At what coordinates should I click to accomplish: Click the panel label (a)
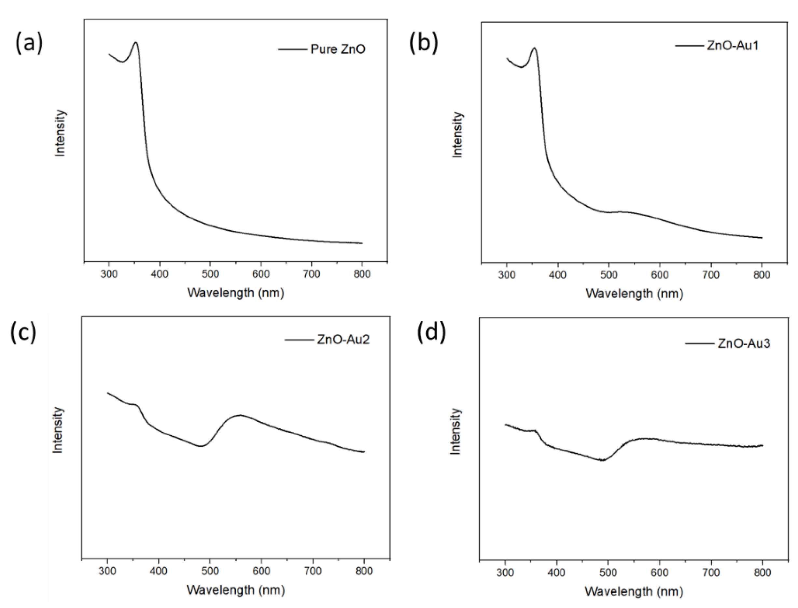tap(29, 43)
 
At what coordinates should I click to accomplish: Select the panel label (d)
tap(431, 332)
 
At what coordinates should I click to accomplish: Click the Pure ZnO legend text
tap(338, 49)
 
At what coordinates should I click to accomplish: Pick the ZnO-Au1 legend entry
tap(732, 56)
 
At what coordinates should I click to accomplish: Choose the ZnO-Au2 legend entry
tap(343, 340)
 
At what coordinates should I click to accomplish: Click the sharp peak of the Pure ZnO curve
tap(135, 43)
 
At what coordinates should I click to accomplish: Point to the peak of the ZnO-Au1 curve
tap(534, 48)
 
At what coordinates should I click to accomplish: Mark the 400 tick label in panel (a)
tap(160, 274)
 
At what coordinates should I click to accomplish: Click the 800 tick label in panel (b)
tap(762, 275)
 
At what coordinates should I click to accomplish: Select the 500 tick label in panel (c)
tap(210, 571)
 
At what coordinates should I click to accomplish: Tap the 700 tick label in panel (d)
tap(711, 572)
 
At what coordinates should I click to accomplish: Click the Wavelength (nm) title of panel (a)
tap(236, 292)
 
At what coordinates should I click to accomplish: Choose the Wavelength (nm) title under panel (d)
tap(634, 591)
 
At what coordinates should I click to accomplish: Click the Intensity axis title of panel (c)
tap(58, 430)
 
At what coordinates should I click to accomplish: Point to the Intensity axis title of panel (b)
tap(457, 135)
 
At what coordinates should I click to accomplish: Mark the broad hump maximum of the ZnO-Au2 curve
tap(240, 415)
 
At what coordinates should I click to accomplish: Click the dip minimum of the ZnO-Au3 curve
tap(602, 460)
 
